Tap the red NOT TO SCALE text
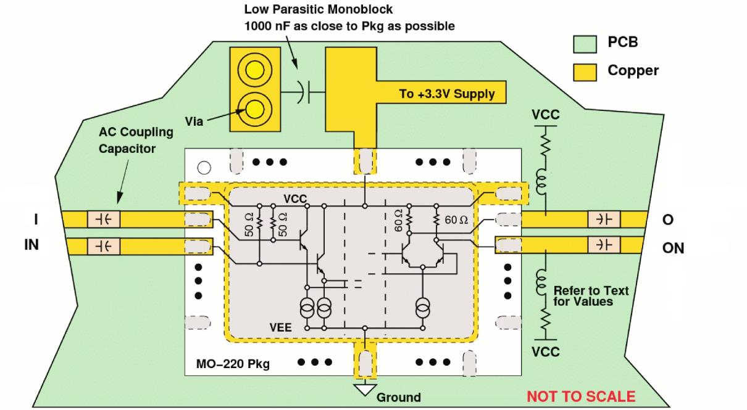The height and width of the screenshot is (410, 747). tap(580, 396)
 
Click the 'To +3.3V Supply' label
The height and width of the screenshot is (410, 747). tap(446, 94)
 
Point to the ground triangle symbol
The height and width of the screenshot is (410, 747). tap(365, 388)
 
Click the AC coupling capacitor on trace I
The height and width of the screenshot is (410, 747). tap(104, 219)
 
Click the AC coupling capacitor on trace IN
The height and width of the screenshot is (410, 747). tap(104, 246)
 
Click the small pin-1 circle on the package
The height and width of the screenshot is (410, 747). tap(204, 167)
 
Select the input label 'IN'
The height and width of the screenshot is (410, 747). tap(31, 245)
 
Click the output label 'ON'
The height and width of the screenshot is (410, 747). tap(672, 248)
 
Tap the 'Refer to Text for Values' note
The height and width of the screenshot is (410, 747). tap(591, 296)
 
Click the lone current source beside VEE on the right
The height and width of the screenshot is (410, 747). tap(423, 306)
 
